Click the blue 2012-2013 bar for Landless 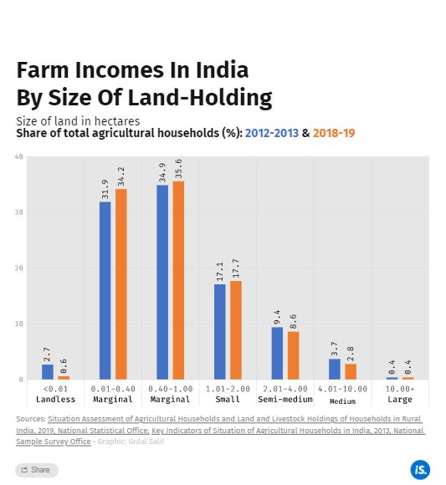(48, 372)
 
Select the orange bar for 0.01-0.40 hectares (121, 284)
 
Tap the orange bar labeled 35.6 (178, 280)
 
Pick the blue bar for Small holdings (220, 332)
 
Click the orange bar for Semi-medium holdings (293, 355)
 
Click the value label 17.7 (236, 268)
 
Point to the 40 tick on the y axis (18, 157)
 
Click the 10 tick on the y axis (18, 324)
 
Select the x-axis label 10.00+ (400, 389)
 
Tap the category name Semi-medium (285, 400)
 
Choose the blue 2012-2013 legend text (272, 133)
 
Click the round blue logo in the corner (419, 469)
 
